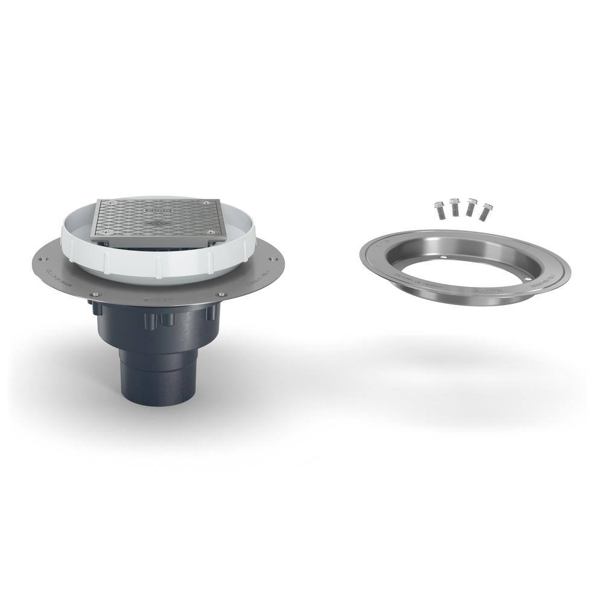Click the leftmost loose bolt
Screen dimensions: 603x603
click(438, 210)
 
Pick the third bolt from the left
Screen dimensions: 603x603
click(470, 208)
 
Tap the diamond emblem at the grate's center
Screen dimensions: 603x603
click(156, 224)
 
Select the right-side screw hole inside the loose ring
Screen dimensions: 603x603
click(529, 278)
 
